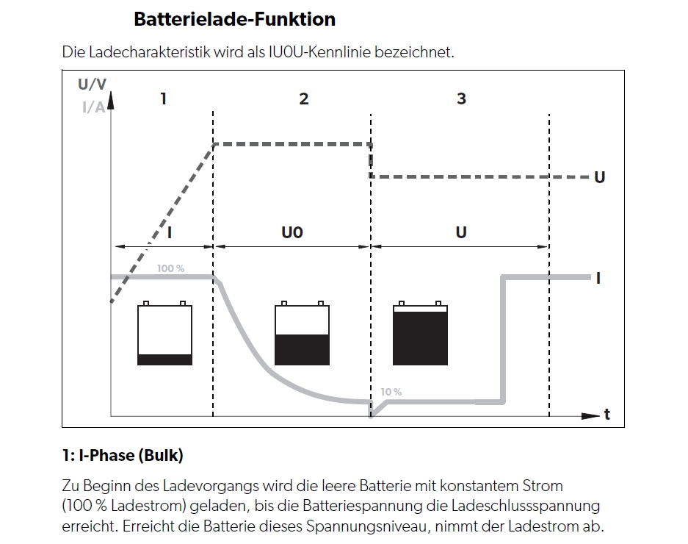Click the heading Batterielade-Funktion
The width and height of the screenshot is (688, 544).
click(x=234, y=19)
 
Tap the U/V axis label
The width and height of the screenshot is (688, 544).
click(x=92, y=84)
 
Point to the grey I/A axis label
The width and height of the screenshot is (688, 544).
click(x=93, y=107)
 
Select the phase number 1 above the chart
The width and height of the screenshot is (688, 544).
click(x=164, y=99)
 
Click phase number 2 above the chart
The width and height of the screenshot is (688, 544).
click(x=304, y=99)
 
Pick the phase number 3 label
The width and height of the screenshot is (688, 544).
click(x=461, y=99)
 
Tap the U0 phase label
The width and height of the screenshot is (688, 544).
click(x=292, y=232)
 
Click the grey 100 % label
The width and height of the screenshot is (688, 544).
click(x=170, y=268)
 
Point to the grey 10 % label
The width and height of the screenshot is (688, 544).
click(x=391, y=392)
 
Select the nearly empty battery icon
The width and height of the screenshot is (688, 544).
click(x=164, y=333)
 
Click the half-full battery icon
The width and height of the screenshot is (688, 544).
click(x=302, y=333)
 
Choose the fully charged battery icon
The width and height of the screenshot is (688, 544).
click(x=420, y=333)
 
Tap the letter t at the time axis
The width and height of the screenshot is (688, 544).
click(x=607, y=415)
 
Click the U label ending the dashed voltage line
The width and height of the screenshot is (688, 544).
click(x=599, y=177)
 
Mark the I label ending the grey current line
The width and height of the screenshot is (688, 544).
click(x=598, y=278)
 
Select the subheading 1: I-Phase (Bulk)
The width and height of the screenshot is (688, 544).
click(x=123, y=455)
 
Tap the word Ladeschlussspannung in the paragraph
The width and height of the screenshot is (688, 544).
click(x=525, y=506)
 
